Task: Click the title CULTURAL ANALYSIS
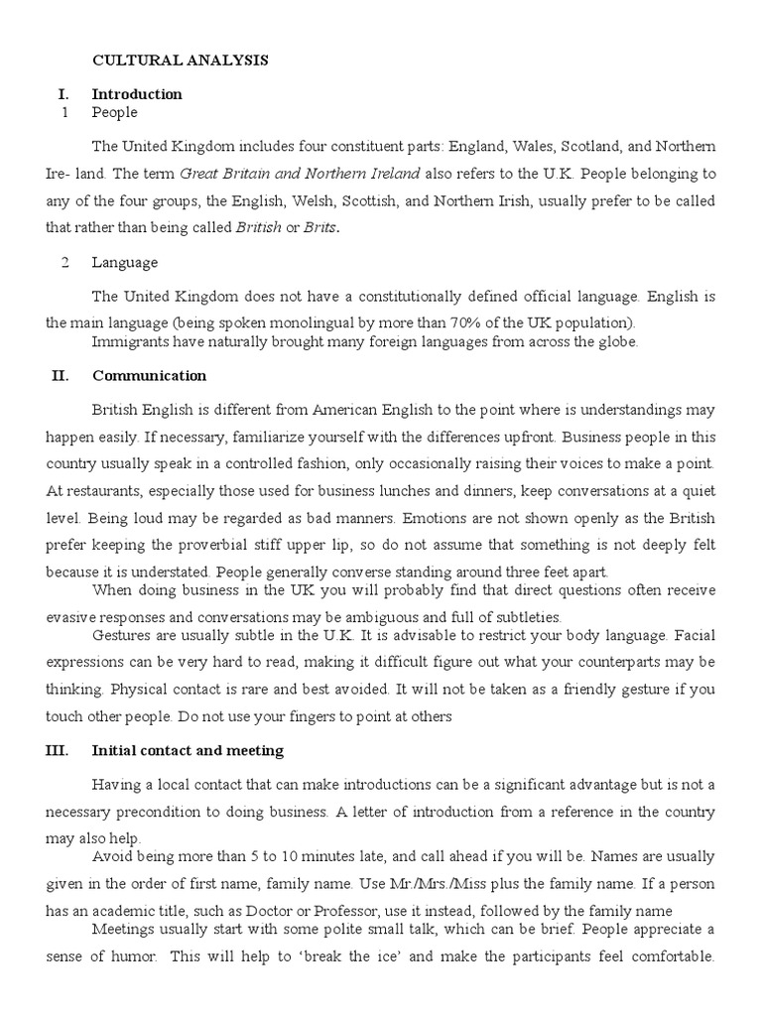180,61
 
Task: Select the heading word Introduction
137,94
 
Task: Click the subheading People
114,112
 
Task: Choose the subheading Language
124,263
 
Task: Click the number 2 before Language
64,263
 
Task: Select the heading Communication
149,376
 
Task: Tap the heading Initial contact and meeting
188,750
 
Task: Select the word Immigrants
130,342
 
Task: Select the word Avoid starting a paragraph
111,856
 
